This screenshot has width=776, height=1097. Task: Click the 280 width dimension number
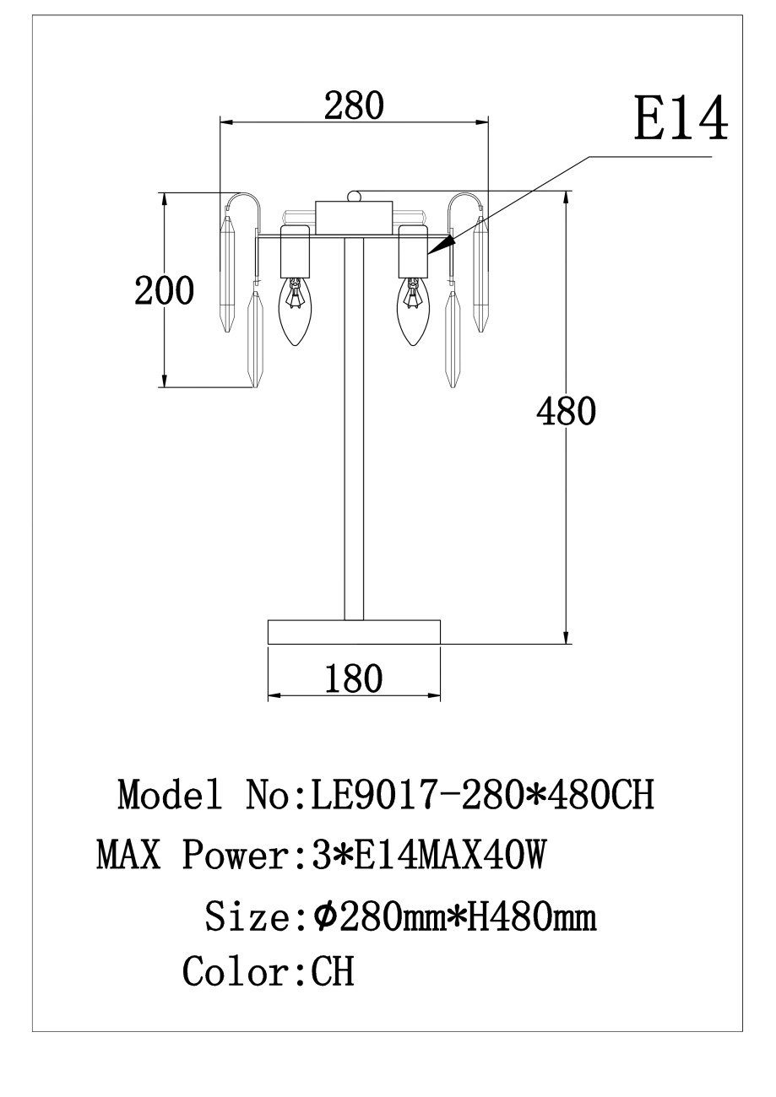pos(353,105)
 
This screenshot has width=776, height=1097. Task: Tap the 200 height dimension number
pos(165,290)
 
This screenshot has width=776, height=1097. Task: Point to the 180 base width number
pos(354,679)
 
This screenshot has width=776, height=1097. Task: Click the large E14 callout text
pos(681,119)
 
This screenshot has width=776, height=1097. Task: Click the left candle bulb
pos(295,311)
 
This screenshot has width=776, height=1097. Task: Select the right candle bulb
pos(414,311)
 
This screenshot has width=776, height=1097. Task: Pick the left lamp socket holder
pos(295,251)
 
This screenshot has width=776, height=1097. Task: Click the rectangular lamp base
pos(354,632)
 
